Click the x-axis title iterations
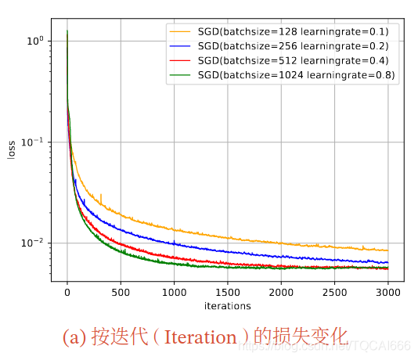227,305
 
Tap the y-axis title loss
12,149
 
